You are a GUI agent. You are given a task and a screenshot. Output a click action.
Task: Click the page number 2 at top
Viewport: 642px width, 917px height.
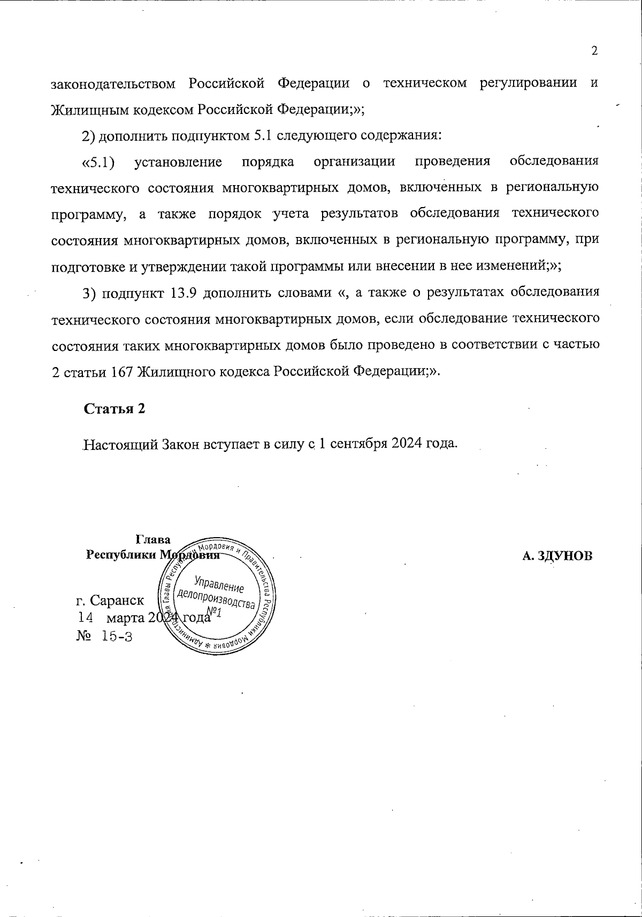coord(594,51)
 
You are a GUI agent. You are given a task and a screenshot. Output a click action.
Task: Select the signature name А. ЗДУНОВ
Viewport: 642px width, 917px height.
coord(557,556)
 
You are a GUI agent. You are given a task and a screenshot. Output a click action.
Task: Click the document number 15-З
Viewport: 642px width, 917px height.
coord(117,637)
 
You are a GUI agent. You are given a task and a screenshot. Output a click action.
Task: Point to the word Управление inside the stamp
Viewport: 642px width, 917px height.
coord(219,583)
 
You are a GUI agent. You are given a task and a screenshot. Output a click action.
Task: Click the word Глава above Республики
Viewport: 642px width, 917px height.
coord(153,539)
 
